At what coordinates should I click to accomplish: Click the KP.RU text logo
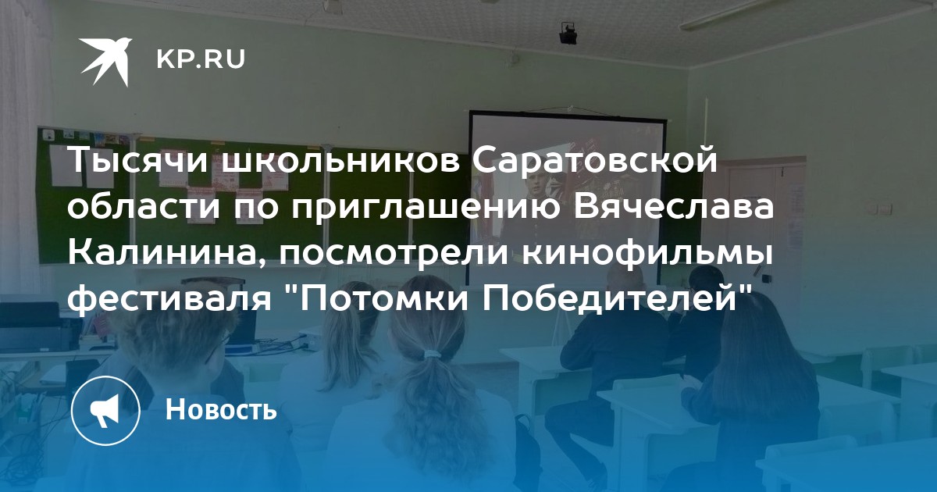(x=201, y=59)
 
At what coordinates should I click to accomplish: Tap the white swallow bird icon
(x=106, y=61)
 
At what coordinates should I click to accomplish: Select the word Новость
(x=221, y=409)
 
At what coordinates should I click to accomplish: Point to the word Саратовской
(x=595, y=160)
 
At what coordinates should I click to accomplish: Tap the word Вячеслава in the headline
(x=674, y=206)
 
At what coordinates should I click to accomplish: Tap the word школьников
(x=340, y=161)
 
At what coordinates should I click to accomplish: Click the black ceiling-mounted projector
(x=569, y=34)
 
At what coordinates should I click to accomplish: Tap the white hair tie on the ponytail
(x=433, y=355)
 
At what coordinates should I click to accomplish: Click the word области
(x=144, y=207)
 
